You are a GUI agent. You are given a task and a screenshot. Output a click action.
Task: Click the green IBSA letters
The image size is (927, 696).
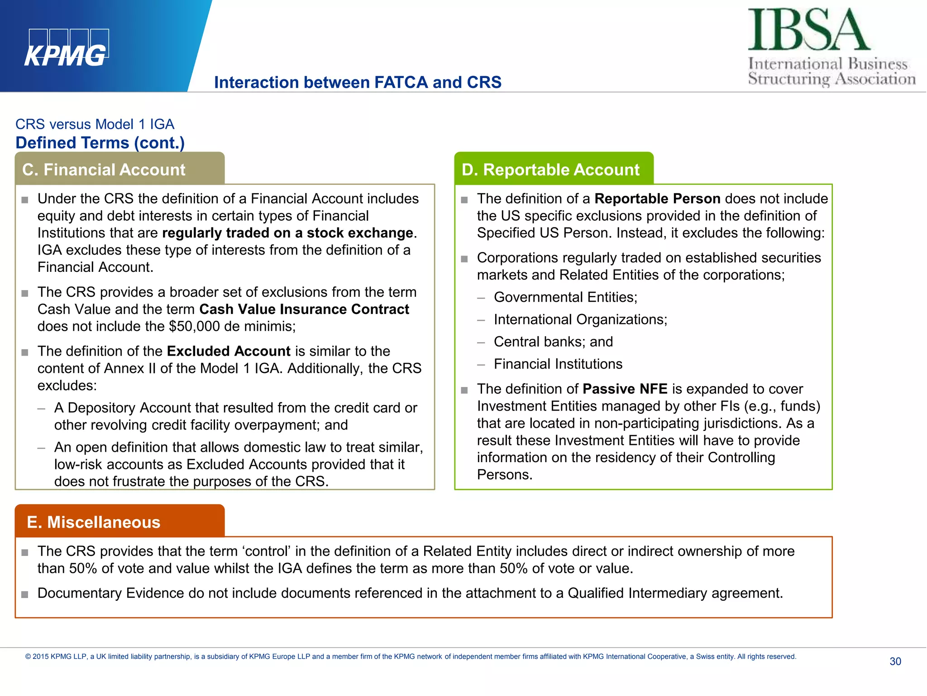coord(808,30)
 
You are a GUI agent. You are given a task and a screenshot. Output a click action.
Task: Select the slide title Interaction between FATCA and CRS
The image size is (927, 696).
coord(358,82)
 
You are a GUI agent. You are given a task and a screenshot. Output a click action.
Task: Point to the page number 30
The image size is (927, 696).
coord(895,661)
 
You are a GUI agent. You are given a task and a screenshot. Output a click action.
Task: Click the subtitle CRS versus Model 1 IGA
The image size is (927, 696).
coord(95,124)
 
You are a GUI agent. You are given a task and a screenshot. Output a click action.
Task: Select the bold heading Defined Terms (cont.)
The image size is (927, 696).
coord(100,143)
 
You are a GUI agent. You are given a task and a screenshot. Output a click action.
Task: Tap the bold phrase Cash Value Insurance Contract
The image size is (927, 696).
coord(304,309)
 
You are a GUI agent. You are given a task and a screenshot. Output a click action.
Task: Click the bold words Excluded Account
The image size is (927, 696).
coord(228,351)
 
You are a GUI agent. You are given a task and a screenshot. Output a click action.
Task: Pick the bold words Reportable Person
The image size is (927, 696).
coord(657,198)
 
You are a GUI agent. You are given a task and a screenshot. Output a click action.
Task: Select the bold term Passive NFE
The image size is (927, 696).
coord(625,389)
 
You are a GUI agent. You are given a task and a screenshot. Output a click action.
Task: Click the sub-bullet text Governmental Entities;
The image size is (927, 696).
coord(565,297)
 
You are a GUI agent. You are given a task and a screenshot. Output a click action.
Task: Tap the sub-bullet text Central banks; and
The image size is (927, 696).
coord(553,342)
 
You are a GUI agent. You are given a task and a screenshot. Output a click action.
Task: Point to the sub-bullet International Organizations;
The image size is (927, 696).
coord(580,319)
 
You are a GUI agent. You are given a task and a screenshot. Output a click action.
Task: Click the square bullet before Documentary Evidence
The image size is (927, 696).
coord(25,594)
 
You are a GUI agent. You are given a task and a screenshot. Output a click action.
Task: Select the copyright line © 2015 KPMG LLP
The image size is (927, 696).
coord(410,657)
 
